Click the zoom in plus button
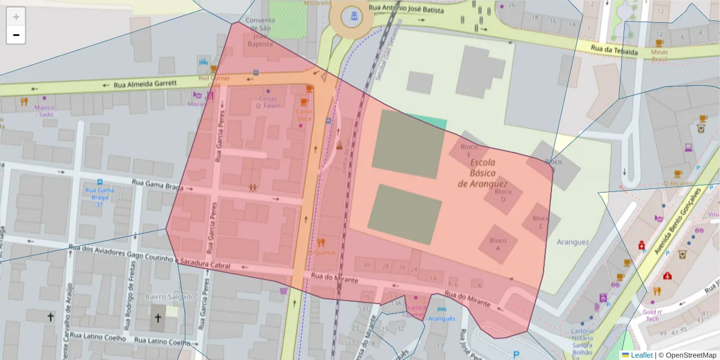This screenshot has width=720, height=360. (16, 17)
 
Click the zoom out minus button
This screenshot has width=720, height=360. (16, 35)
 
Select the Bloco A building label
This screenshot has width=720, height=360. (497, 244)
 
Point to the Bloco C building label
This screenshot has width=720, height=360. (541, 222)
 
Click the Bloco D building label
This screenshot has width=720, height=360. (503, 195)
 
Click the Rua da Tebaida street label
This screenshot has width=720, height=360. (614, 51)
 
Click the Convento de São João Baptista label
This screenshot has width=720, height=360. (260, 32)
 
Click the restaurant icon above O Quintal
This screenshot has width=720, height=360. (321, 242)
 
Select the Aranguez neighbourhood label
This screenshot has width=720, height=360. (572, 242)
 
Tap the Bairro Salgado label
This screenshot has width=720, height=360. (170, 296)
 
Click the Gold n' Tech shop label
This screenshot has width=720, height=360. (652, 315)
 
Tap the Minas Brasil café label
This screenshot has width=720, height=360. (659, 56)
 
